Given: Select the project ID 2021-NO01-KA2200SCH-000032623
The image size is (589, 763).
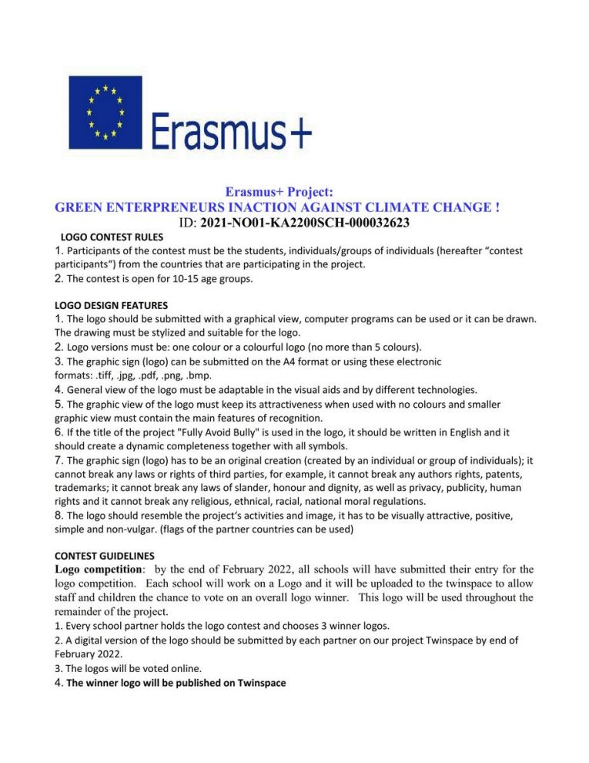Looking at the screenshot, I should [x=303, y=223].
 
